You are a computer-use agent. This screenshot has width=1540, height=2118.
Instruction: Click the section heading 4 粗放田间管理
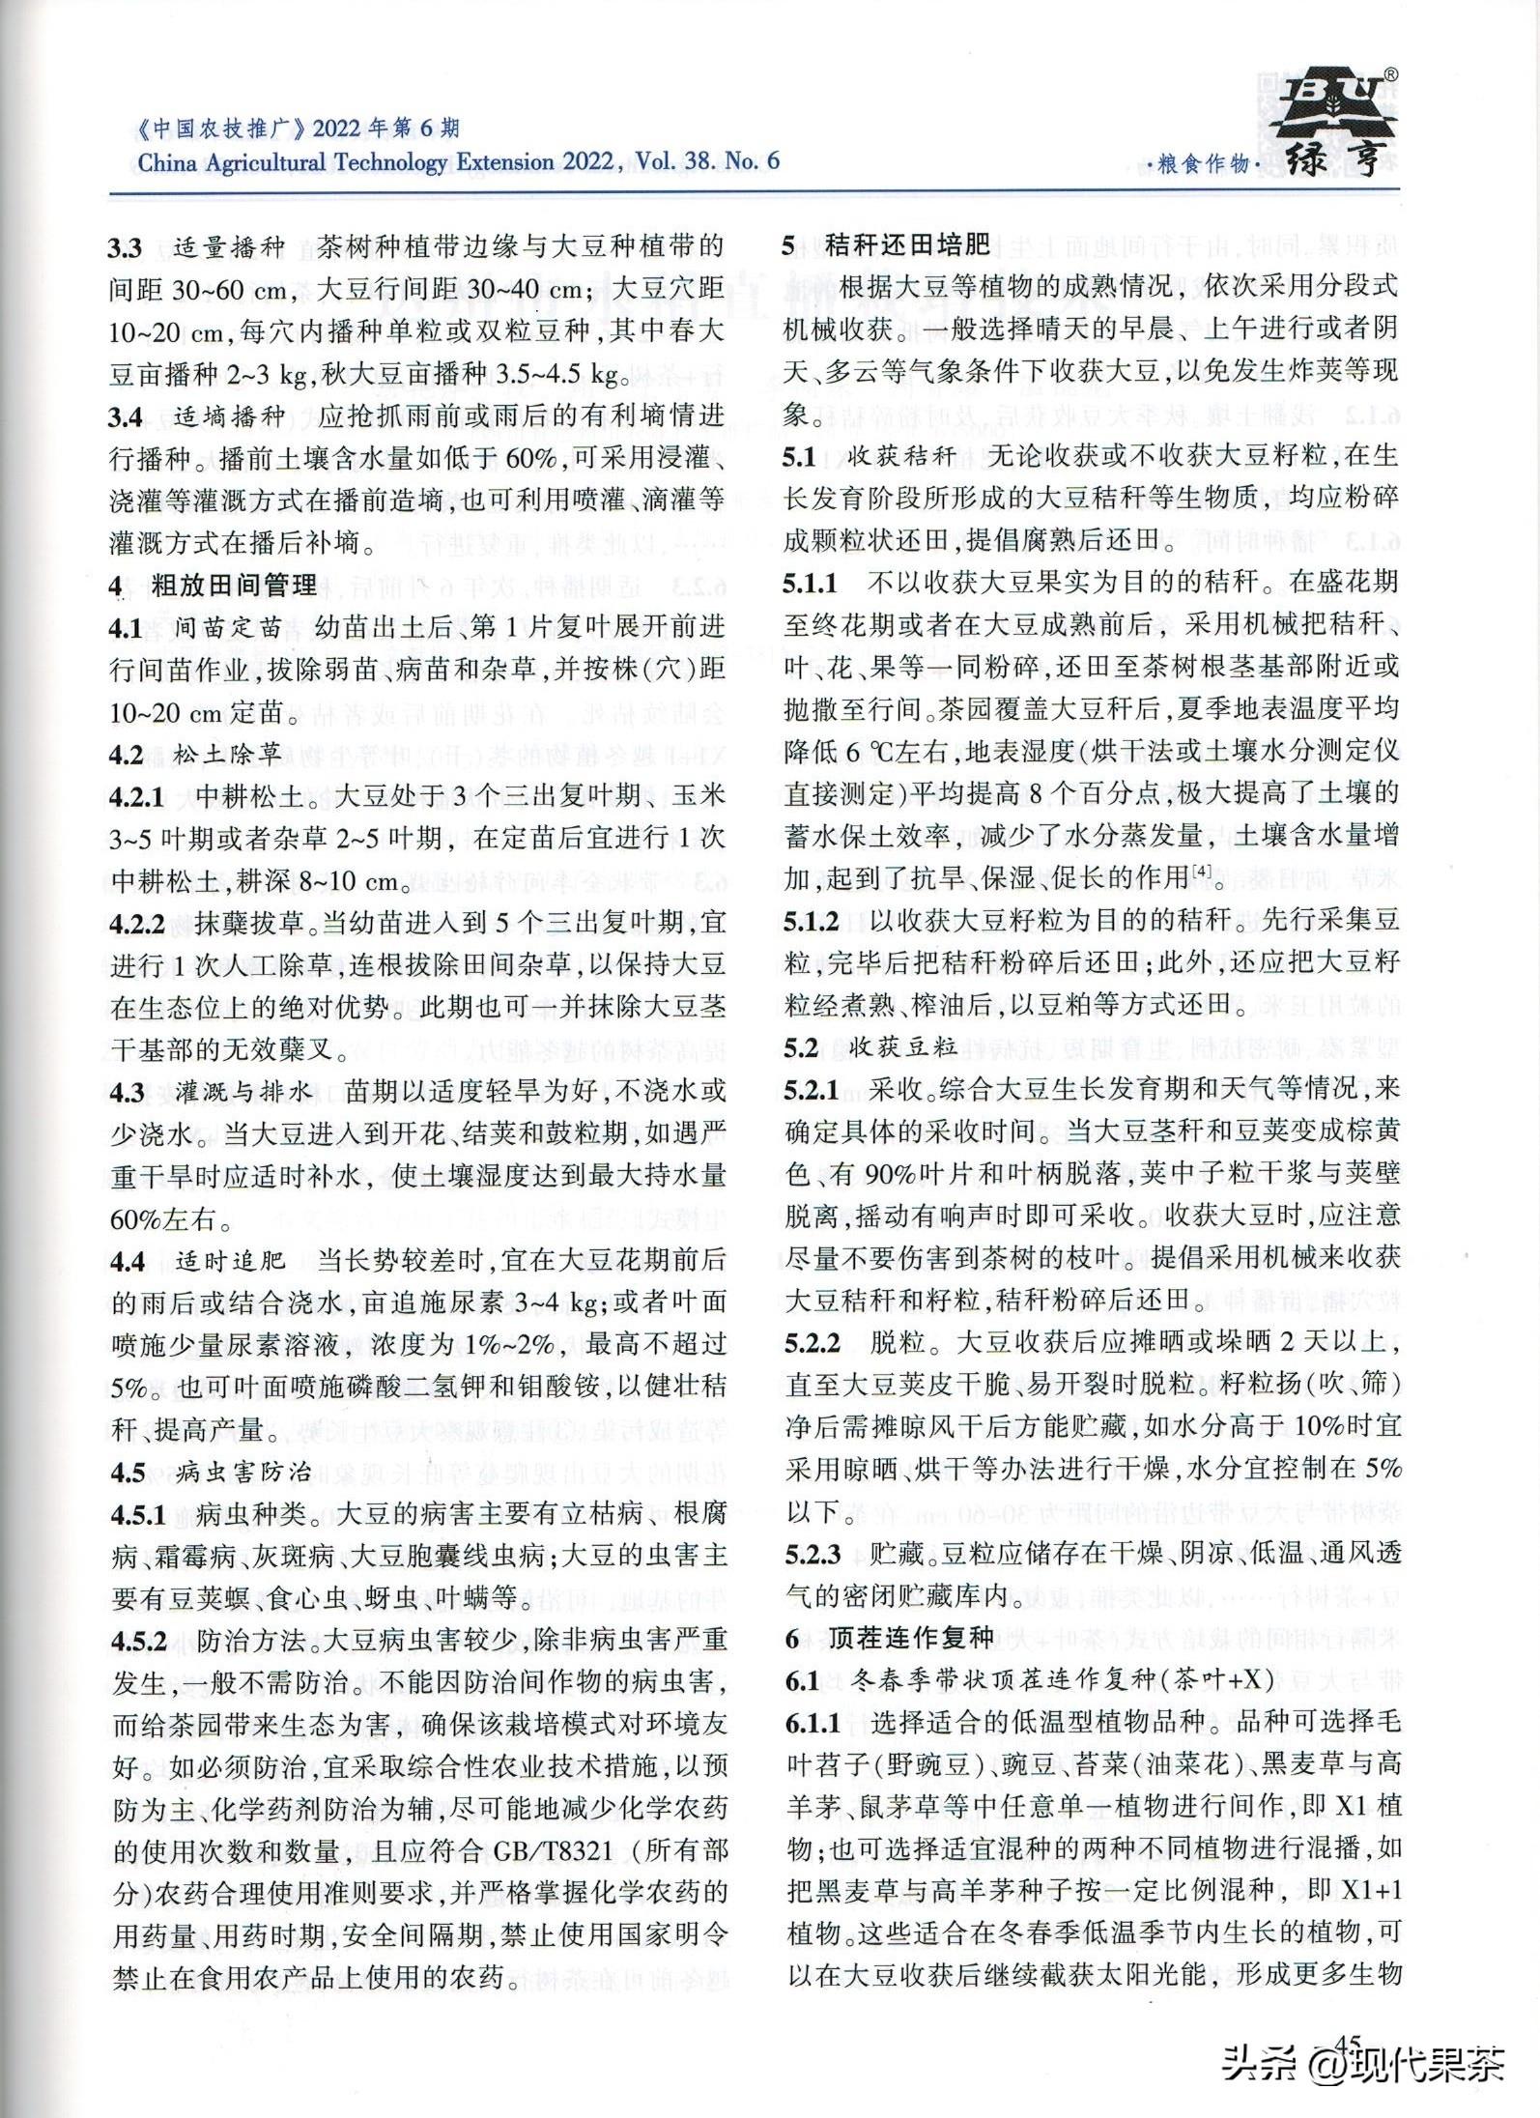coord(213,585)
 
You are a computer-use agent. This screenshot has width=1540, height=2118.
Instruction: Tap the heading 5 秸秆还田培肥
coord(886,244)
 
